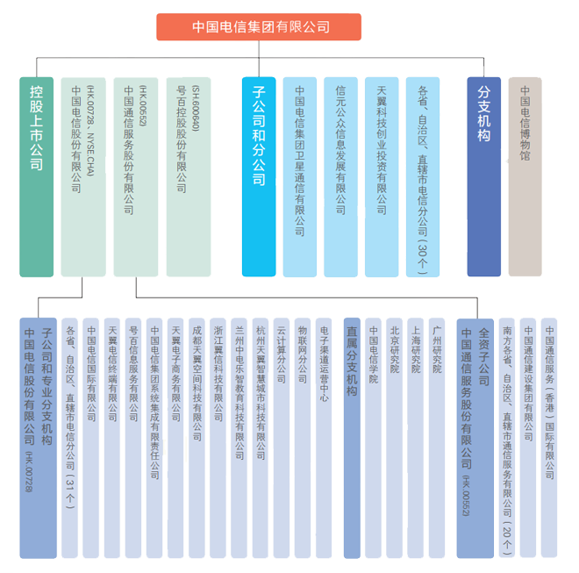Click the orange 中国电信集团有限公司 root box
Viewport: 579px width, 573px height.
pos(261,27)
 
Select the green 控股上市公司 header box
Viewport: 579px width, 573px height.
pos(37,176)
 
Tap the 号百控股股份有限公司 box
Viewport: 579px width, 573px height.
pos(188,176)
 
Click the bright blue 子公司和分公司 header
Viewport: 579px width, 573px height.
pos(259,176)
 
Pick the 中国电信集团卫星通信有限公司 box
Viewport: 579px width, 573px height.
pos(299,176)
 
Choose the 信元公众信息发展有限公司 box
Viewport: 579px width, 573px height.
pos(340,176)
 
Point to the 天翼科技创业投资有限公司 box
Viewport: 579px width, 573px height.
pos(382,176)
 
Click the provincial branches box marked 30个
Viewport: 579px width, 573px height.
pos(423,176)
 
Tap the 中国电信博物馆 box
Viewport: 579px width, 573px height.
pos(525,176)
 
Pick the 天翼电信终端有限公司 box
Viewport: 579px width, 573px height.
pos(112,437)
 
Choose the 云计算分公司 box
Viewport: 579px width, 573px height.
pos(281,437)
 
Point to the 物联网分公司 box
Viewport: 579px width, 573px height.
pos(302,437)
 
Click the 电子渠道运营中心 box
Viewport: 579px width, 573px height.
pos(324,437)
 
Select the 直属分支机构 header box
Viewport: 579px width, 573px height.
pos(352,437)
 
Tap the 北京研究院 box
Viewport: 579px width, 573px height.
pos(394,437)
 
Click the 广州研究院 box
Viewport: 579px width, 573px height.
pos(436,437)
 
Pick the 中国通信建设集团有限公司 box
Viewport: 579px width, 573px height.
pos(528,437)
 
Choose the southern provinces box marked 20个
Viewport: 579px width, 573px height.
pos(507,437)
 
